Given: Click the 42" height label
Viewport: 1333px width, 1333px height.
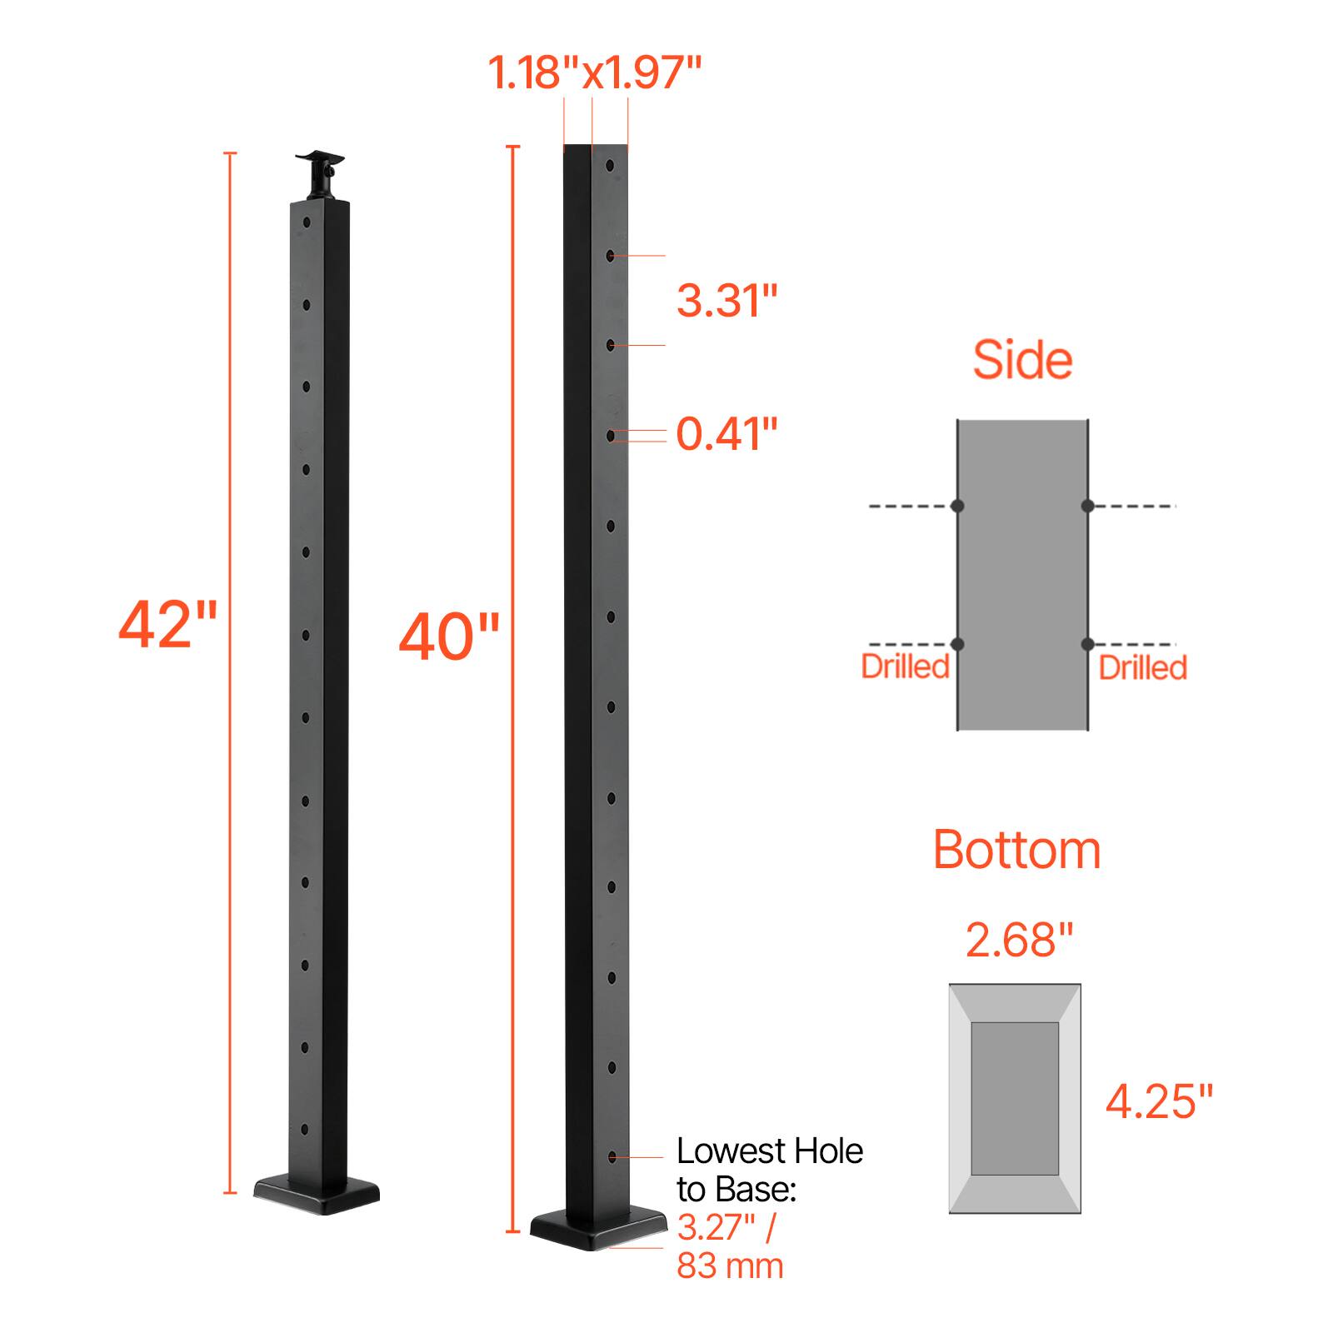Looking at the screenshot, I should (x=167, y=625).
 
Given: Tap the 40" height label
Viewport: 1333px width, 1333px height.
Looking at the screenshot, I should (x=449, y=637).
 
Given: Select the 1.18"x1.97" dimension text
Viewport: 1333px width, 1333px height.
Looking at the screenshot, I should (x=594, y=72).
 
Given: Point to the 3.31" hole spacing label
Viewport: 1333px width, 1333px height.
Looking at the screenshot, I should (x=726, y=300).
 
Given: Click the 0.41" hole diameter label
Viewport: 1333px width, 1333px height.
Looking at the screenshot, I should (x=726, y=434).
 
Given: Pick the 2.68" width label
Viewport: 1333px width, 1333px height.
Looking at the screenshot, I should (x=1019, y=941).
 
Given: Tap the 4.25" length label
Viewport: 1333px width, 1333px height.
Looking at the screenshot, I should (x=1159, y=1101).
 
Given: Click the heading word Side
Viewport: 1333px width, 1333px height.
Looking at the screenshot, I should (x=1022, y=360).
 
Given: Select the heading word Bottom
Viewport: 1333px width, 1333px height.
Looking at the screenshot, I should (x=1016, y=850).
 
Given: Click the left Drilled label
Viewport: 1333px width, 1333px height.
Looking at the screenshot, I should (x=905, y=666).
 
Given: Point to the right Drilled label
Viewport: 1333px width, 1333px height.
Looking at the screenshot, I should (x=1142, y=667).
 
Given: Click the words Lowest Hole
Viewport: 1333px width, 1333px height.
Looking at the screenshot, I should (x=769, y=1151).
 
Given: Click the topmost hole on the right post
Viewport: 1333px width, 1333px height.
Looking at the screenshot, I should (x=612, y=166).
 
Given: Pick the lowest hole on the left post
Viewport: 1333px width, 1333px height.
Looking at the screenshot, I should (x=305, y=1131).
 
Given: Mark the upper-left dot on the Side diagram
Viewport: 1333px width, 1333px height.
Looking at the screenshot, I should (x=957, y=506).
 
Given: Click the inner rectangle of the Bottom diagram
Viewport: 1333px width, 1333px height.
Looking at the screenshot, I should (x=1015, y=1098).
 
